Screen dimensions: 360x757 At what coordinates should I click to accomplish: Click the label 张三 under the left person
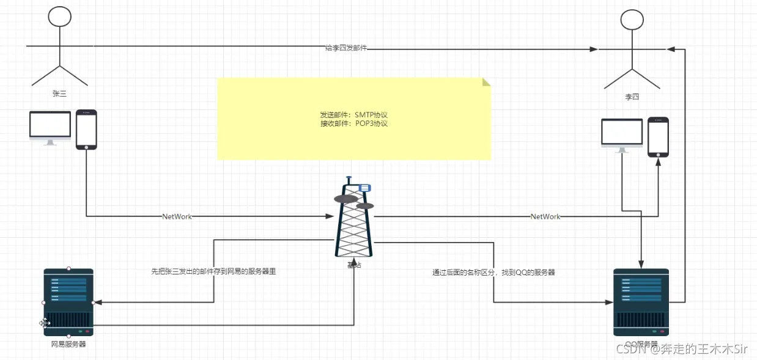click(x=59, y=94)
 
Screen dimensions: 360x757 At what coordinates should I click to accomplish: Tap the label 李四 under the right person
click(x=632, y=97)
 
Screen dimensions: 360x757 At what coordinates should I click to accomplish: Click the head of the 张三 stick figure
click(x=60, y=16)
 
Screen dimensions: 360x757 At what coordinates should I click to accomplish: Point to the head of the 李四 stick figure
click(x=632, y=20)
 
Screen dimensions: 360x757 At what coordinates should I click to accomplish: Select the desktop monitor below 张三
click(x=50, y=127)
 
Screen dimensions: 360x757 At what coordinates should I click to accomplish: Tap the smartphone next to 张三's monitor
click(x=86, y=130)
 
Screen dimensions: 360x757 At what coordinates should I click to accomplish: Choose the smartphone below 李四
click(x=658, y=136)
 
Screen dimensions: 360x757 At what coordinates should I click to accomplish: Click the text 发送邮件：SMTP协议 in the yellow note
click(x=354, y=115)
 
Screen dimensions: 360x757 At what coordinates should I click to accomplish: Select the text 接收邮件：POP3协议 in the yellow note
click(x=354, y=123)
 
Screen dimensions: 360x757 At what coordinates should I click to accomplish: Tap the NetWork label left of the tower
click(x=177, y=216)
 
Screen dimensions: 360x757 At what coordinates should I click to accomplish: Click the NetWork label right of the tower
click(x=545, y=216)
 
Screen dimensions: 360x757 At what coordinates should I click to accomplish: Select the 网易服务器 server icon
click(x=68, y=302)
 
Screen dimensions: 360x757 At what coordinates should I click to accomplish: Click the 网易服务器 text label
click(x=68, y=344)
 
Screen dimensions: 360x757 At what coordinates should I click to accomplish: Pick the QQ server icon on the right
click(x=641, y=302)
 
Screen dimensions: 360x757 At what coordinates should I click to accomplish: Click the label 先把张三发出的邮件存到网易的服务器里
click(x=213, y=271)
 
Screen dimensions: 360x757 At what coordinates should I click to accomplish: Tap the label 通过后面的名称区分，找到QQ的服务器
click(x=493, y=273)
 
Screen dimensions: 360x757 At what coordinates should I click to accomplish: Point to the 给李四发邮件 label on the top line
click(x=347, y=48)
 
